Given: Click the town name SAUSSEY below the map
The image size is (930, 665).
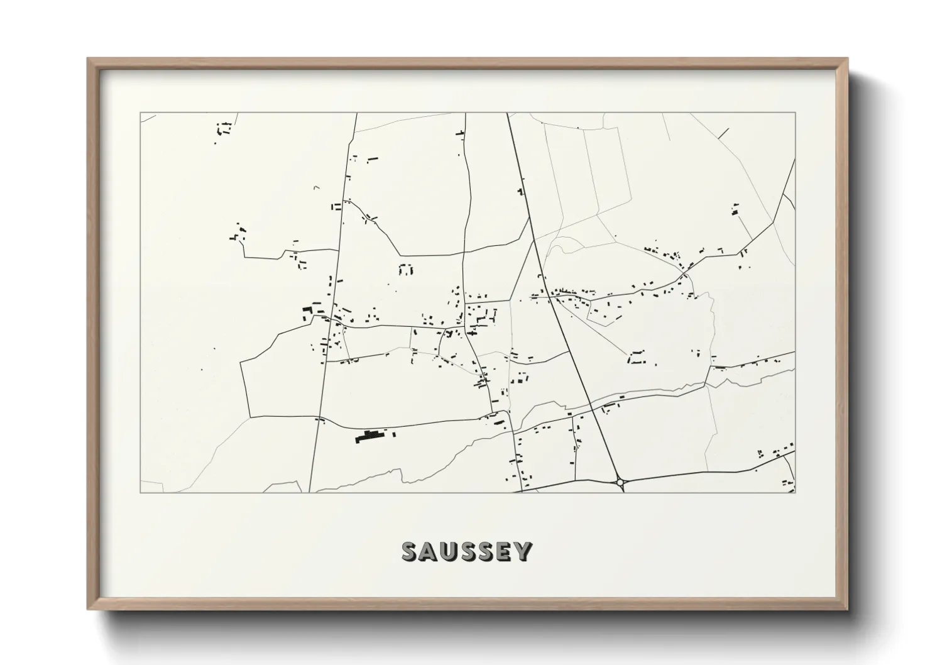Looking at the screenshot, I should coord(466,551).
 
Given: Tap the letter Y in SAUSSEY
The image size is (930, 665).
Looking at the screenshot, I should coord(523,551).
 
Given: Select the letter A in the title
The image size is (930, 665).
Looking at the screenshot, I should coord(429,551).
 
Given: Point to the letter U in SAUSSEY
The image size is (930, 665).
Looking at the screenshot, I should coord(448,551).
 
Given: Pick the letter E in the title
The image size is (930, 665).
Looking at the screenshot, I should coord(505,551).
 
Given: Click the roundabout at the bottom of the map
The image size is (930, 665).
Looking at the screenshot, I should coord(620,482).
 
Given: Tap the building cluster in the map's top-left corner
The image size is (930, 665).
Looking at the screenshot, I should coord(224,130).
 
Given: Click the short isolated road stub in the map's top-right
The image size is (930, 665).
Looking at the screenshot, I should coord(723,133).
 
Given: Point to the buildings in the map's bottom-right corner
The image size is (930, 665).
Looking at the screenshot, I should coord(777,453).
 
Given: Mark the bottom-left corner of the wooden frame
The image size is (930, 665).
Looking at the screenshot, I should coord(89,610).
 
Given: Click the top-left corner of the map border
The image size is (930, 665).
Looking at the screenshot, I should coord(140,113).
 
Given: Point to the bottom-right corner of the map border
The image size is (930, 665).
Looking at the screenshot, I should coord(795,492).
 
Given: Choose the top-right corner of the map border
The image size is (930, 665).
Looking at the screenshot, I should coord(795,113).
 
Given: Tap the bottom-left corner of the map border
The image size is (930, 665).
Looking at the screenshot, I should coord(140,492).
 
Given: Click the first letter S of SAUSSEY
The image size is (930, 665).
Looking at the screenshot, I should coord(410,551).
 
